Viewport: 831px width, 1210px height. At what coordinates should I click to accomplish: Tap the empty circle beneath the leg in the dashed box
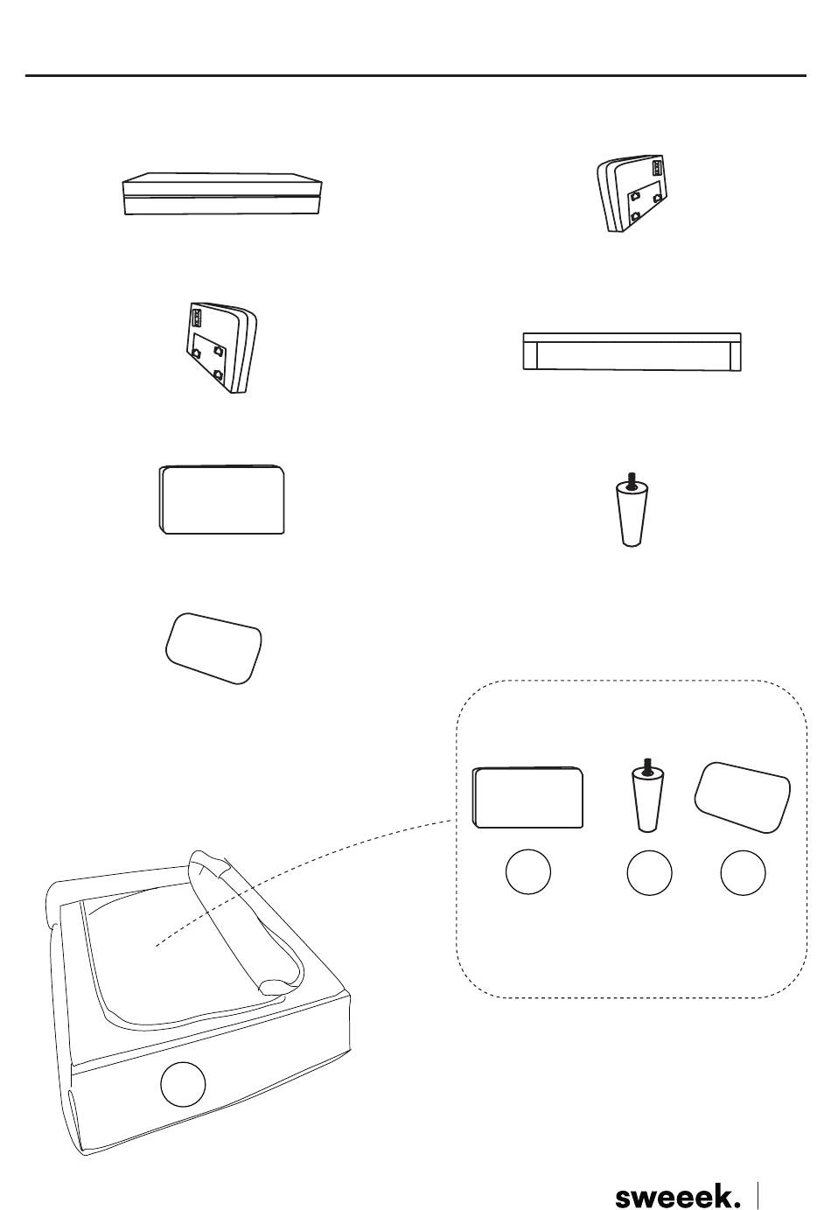tap(650, 872)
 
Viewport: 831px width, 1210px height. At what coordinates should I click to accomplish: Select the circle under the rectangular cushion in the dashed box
tap(528, 871)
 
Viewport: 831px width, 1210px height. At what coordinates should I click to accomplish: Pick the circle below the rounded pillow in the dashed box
tap(743, 872)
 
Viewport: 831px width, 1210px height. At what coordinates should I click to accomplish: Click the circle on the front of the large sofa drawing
tap(183, 1084)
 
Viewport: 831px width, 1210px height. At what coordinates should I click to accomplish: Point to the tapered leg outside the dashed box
tap(631, 509)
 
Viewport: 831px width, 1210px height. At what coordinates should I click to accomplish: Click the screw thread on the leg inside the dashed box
tap(647, 765)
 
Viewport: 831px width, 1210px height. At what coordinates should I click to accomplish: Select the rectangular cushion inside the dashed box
tap(527, 797)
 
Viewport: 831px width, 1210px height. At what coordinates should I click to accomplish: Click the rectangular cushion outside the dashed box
tap(222, 500)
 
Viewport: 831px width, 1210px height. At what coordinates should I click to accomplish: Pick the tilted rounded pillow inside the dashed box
tap(743, 797)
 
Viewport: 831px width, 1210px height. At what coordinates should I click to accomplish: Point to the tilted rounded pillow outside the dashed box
tap(213, 648)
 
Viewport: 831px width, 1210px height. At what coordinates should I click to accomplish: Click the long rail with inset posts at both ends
tap(632, 352)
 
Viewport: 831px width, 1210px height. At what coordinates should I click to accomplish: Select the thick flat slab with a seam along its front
tap(222, 194)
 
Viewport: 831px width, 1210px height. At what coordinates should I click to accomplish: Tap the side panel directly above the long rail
tap(632, 194)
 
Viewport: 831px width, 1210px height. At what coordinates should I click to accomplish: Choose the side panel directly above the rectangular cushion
tap(220, 347)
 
